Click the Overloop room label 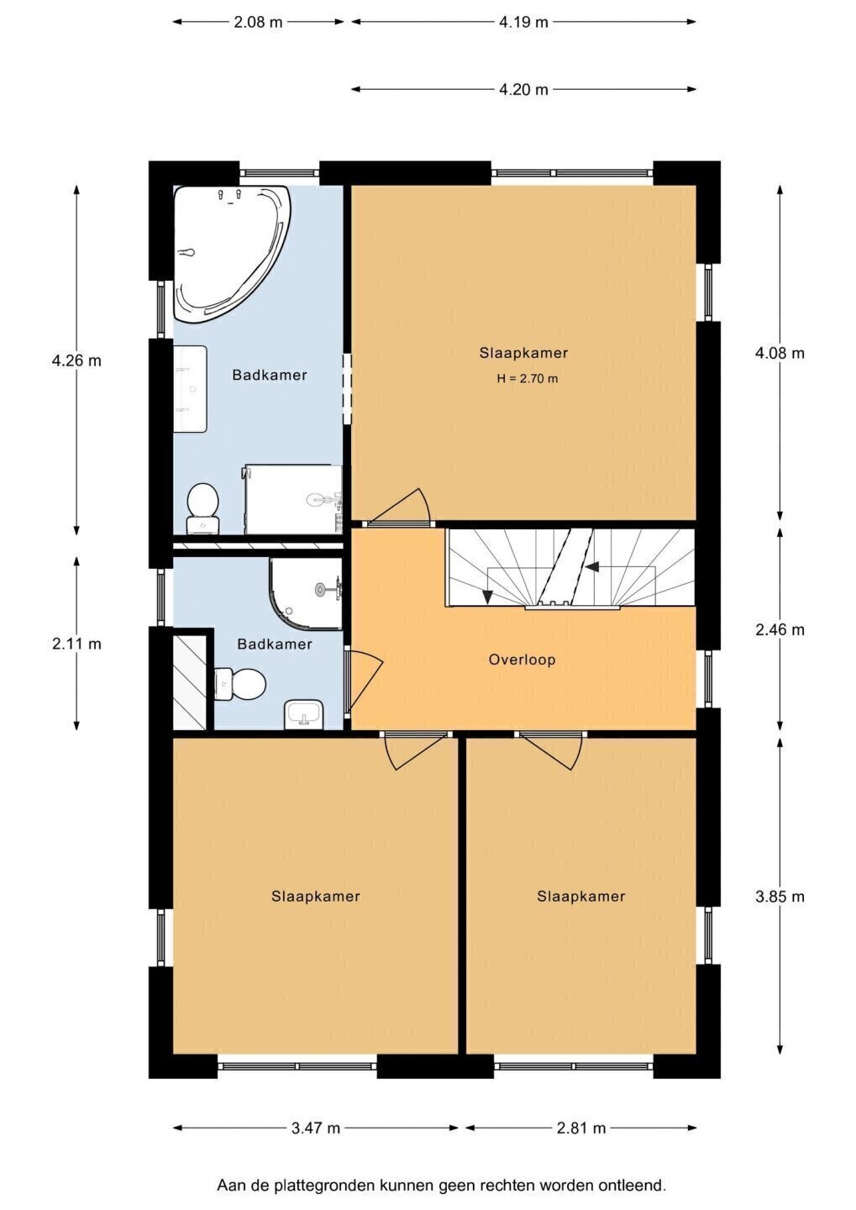pyautogui.click(x=522, y=660)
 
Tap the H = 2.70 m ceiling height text pyautogui.click(x=527, y=379)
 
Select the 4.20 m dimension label pyautogui.click(x=523, y=89)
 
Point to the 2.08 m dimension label pyautogui.click(x=258, y=22)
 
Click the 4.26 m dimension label pyautogui.click(x=76, y=360)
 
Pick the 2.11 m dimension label pyautogui.click(x=76, y=644)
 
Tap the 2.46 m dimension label pyautogui.click(x=780, y=629)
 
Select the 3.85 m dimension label pyautogui.click(x=780, y=897)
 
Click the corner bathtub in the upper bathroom pyautogui.click(x=227, y=249)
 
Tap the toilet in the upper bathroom pyautogui.click(x=202, y=508)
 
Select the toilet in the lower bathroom pyautogui.click(x=240, y=683)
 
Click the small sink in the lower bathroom pyautogui.click(x=303, y=714)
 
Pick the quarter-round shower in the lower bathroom pyautogui.click(x=306, y=593)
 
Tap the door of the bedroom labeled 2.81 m pyautogui.click(x=549, y=751)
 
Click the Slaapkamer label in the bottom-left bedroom pyautogui.click(x=315, y=897)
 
